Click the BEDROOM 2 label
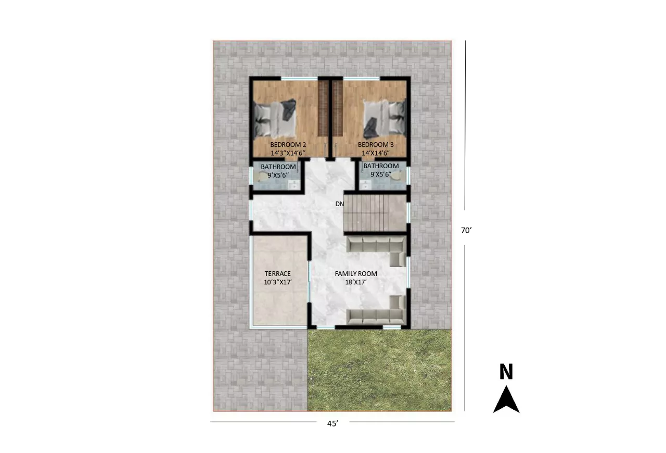click(x=288, y=145)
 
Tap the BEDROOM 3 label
click(x=376, y=145)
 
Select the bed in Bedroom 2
click(x=275, y=118)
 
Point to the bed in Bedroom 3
click(x=385, y=119)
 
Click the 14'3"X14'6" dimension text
click(x=288, y=153)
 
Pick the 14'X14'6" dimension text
click(x=376, y=153)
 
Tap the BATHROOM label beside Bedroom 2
click(x=278, y=167)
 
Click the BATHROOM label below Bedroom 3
click(x=381, y=166)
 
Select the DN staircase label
click(x=340, y=204)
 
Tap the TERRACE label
click(x=278, y=273)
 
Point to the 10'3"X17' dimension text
click(x=278, y=282)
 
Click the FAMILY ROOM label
click(x=356, y=273)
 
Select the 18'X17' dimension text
click(x=355, y=282)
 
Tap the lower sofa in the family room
click(x=376, y=310)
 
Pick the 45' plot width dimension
click(x=332, y=423)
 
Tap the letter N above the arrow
click(x=506, y=371)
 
